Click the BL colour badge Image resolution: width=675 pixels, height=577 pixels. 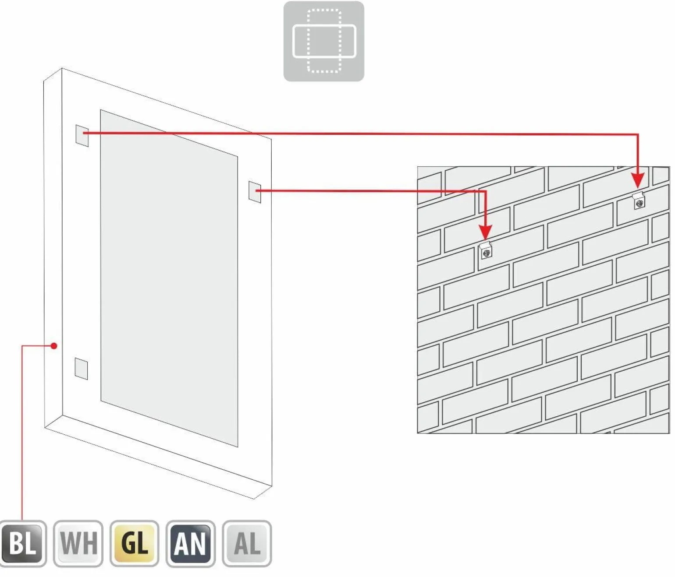tap(22, 543)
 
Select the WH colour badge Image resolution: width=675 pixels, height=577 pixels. tap(78, 543)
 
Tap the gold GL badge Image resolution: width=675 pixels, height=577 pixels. tap(135, 543)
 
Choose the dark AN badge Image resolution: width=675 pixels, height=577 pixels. tap(191, 543)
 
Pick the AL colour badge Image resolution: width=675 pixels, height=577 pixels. tap(247, 543)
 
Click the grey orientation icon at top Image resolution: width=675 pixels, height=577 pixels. tap(323, 42)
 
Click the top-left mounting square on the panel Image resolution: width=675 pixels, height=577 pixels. tap(82, 136)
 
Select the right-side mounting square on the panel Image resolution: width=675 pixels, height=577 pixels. tap(255, 192)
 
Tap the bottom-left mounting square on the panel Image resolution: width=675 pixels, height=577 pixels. tap(82, 369)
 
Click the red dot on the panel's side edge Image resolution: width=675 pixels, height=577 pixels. tap(54, 346)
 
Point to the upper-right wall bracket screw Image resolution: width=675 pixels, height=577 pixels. tap(639, 203)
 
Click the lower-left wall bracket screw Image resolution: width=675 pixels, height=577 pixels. tap(486, 253)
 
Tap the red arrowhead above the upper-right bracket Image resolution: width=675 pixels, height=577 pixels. tap(638, 180)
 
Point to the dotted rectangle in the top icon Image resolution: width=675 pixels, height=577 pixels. tap(309, 41)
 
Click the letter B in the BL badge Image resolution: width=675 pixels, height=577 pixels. tap(15, 543)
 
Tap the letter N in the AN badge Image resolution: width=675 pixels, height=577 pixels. tap(198, 544)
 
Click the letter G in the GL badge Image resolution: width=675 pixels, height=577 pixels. tap(128, 543)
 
